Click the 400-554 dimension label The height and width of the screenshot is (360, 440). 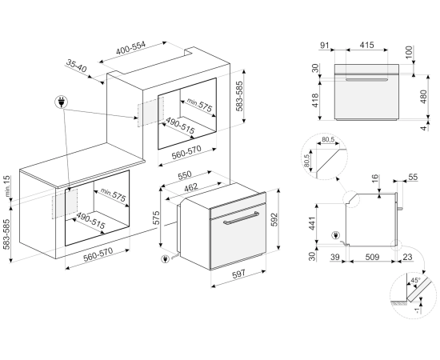(x=131, y=48)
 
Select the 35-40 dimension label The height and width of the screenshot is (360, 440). (x=76, y=66)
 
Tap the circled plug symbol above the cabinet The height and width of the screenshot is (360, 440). (x=61, y=102)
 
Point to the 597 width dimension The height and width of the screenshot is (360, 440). (x=238, y=273)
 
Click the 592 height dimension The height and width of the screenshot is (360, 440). (x=274, y=219)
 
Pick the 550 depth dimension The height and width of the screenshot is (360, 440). (x=185, y=175)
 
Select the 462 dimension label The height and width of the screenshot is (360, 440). (x=191, y=187)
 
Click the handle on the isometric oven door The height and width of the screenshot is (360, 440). (x=241, y=218)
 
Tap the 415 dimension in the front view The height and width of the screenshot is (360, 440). (x=366, y=45)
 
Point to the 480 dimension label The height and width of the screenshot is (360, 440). (x=423, y=96)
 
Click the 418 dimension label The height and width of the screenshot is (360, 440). (x=315, y=100)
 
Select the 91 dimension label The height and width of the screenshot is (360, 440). (x=325, y=45)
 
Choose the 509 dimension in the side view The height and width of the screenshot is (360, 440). (x=372, y=257)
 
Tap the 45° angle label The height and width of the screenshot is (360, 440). (x=415, y=280)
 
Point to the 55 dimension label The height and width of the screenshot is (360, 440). (x=413, y=177)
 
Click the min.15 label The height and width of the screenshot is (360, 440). (x=7, y=186)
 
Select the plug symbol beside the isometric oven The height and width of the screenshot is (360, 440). (x=165, y=258)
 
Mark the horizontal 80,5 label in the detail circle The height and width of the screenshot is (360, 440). (x=328, y=139)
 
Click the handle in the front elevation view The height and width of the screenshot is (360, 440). (x=366, y=80)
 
